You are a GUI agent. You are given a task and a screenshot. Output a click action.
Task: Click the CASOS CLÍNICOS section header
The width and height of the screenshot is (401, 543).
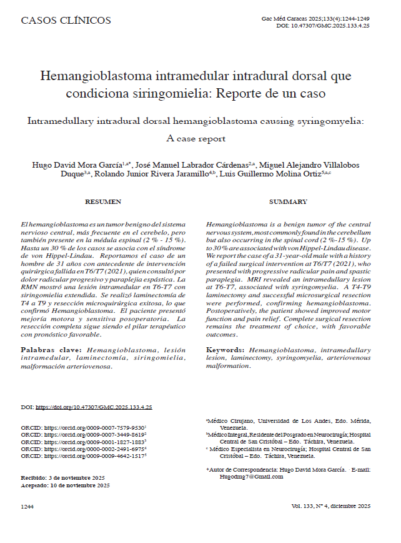(x=66, y=21)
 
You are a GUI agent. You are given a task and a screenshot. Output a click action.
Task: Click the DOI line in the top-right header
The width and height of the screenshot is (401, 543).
(x=322, y=26)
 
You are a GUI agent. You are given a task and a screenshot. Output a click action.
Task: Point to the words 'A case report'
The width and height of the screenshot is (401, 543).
(x=196, y=138)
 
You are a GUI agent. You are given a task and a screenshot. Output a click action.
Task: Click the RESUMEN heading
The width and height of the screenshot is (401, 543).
(x=103, y=202)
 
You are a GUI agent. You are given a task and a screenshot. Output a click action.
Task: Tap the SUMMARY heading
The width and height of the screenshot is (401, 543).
(x=288, y=202)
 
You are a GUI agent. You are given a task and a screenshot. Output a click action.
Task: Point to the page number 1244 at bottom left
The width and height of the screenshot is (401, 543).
(x=27, y=505)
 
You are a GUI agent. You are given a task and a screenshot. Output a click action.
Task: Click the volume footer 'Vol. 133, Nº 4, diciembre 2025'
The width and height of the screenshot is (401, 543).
(x=330, y=505)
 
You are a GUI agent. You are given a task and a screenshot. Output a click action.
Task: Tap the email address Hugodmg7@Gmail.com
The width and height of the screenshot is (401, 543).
(x=247, y=476)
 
